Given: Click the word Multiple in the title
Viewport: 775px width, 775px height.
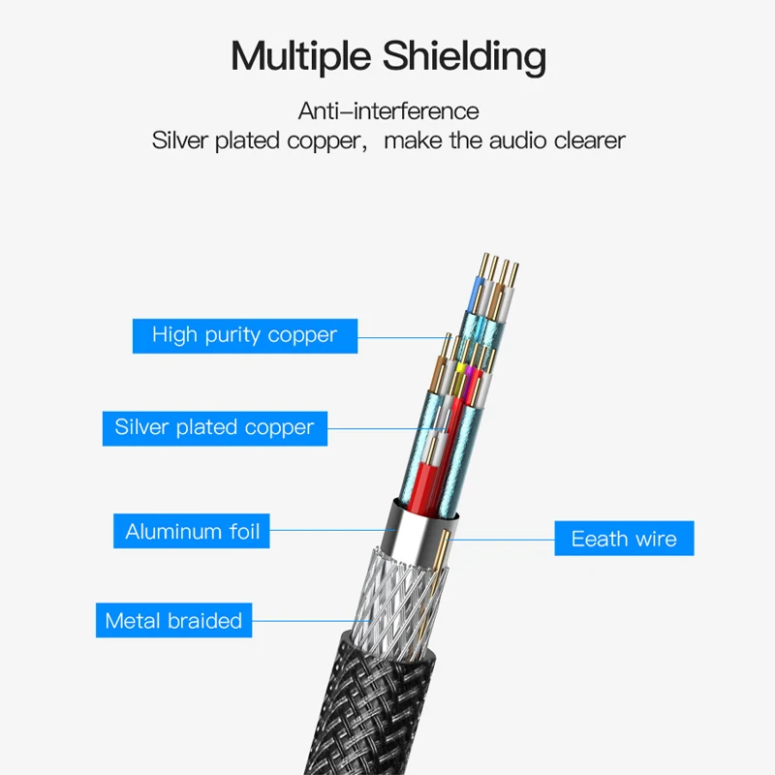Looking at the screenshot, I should pyautogui.click(x=300, y=57).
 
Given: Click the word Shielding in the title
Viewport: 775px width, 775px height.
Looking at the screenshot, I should pyautogui.click(x=464, y=57).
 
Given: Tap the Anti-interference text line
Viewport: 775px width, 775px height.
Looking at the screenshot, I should pyautogui.click(x=387, y=110).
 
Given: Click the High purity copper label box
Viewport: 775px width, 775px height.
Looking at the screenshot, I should pyautogui.click(x=244, y=335).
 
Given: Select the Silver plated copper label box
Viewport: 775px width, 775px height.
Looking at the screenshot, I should pyautogui.click(x=214, y=427).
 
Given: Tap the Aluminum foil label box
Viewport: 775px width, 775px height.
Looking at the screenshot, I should pyautogui.click(x=192, y=531).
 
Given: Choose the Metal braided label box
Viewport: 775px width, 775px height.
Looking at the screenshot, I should pyautogui.click(x=173, y=621).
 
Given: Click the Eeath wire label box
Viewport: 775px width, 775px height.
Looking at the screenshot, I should pyautogui.click(x=624, y=539).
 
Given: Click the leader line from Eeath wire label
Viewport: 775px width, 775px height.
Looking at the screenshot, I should pyautogui.click(x=504, y=539).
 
